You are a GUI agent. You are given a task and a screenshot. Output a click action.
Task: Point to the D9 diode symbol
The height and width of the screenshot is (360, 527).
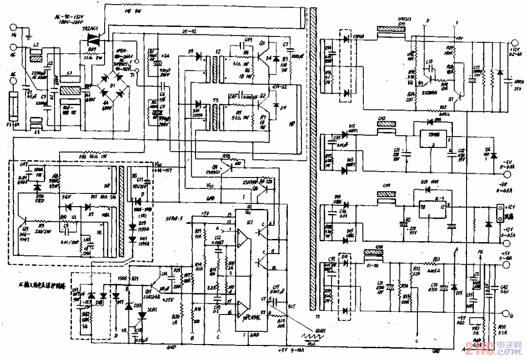(197, 57)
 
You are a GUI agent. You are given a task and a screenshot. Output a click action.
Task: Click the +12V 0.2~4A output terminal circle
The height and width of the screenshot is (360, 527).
(512, 43)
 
